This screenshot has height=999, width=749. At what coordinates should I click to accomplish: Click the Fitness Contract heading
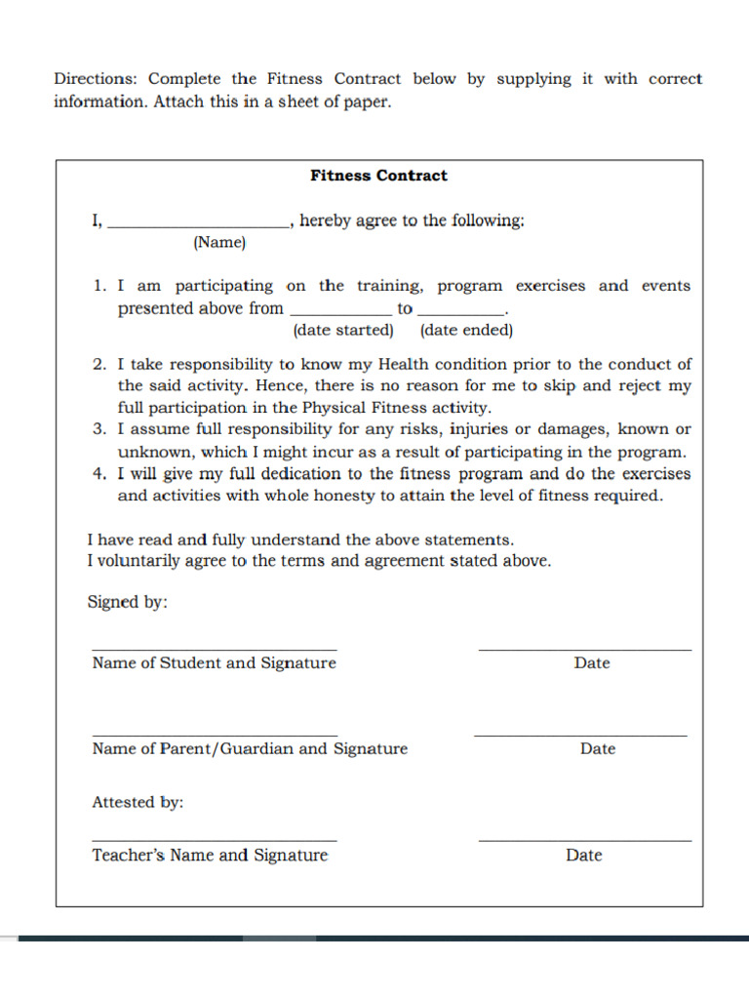378,176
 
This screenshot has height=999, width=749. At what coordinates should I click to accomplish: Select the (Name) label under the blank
219,242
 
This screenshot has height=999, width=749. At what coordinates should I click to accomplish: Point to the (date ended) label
466,330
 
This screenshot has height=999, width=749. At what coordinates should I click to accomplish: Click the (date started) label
343,330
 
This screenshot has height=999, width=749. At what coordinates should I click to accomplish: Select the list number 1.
99,286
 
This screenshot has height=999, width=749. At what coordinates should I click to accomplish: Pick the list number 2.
99,364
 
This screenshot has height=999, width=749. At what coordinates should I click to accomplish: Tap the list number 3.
99,429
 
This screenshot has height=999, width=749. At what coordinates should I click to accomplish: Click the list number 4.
99,474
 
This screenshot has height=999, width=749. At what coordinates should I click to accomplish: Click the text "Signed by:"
128,602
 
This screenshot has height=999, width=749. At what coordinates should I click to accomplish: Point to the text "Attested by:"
138,802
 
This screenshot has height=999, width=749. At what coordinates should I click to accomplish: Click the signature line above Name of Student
215,649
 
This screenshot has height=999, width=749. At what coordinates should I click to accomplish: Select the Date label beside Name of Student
592,663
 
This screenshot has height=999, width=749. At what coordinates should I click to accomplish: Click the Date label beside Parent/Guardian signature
598,749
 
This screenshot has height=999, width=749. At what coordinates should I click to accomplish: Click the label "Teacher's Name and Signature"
210,856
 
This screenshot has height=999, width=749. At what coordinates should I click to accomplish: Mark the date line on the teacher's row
585,840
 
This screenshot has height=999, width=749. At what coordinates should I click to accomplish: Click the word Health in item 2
403,364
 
